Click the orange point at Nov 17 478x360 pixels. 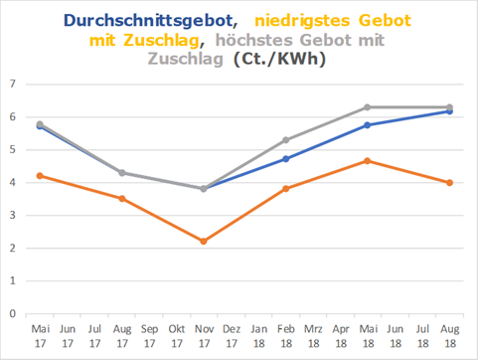pyautogui.click(x=204, y=241)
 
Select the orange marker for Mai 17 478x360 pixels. pyautogui.click(x=40, y=175)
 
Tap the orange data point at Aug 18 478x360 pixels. pyautogui.click(x=449, y=182)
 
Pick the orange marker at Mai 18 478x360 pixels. pyautogui.click(x=368, y=160)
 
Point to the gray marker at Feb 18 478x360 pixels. pyautogui.click(x=285, y=140)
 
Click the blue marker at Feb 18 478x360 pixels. pyautogui.click(x=285, y=158)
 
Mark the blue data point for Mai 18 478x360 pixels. pyautogui.click(x=368, y=124)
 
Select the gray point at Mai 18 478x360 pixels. pyautogui.click(x=368, y=107)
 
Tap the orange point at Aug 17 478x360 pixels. pyautogui.click(x=122, y=198)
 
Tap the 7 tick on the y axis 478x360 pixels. pyautogui.click(x=14, y=84)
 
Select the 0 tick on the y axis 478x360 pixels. pyautogui.click(x=14, y=313)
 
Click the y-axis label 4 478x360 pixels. pyautogui.click(x=14, y=182)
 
